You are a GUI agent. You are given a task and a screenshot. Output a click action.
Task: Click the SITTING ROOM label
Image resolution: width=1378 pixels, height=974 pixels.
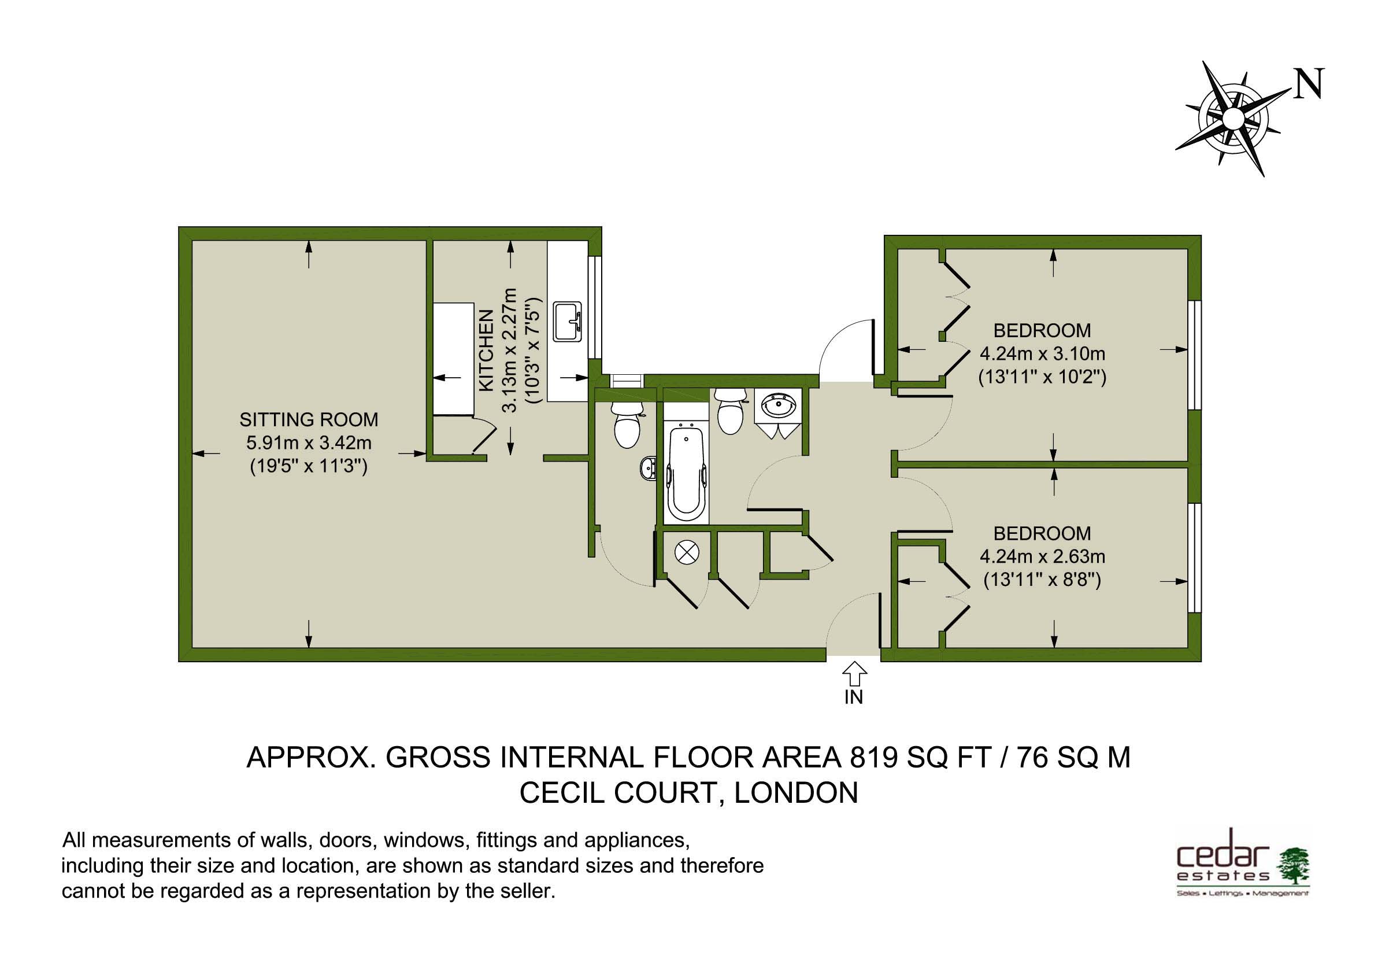pyautogui.click(x=309, y=419)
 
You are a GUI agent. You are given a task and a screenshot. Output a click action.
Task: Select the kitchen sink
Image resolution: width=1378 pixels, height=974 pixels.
pyautogui.click(x=567, y=321)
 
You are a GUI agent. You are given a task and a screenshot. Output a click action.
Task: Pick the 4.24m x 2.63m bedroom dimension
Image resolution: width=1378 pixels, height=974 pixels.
pyautogui.click(x=1042, y=556)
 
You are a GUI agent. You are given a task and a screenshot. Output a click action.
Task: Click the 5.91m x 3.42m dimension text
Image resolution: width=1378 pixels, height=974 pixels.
pyautogui.click(x=309, y=443)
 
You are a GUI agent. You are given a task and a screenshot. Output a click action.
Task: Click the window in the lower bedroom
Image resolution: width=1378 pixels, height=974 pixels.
pyautogui.click(x=1195, y=556)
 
